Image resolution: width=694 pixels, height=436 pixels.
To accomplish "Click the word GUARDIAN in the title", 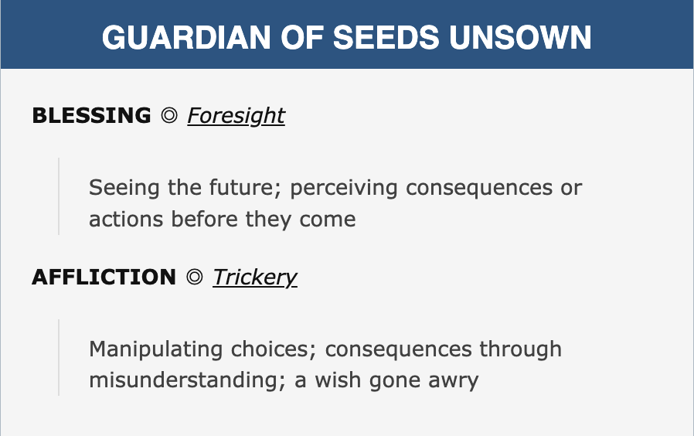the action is click(186, 37).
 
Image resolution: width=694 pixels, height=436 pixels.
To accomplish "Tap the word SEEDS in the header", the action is click(386, 37).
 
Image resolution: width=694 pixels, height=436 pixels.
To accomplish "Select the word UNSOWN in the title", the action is click(521, 37).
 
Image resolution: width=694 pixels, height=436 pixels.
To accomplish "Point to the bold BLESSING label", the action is click(92, 115).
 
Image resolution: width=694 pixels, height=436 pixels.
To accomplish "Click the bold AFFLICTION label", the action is click(104, 277).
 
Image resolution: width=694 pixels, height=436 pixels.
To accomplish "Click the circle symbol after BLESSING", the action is click(169, 115).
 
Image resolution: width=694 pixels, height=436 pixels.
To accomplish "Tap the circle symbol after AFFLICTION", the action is click(194, 277).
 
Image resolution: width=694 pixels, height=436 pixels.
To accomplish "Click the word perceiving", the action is click(344, 188).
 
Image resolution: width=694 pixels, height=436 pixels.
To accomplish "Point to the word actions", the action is click(126, 219).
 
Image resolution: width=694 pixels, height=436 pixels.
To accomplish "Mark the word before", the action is click(205, 219).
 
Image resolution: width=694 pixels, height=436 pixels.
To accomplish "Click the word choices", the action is click(274, 349).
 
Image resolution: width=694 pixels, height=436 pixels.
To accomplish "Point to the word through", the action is click(521, 349).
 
